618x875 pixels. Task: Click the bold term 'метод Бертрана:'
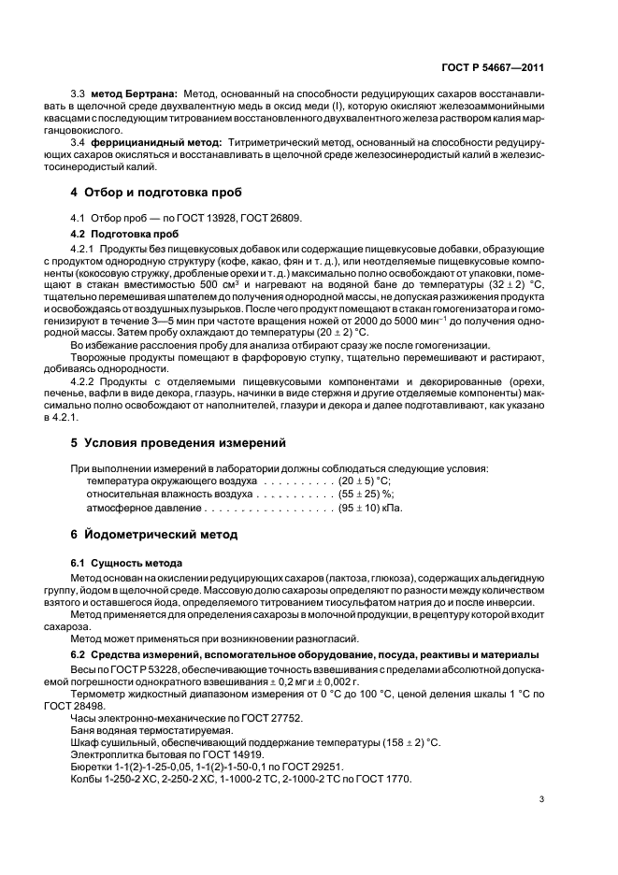coord(137,94)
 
